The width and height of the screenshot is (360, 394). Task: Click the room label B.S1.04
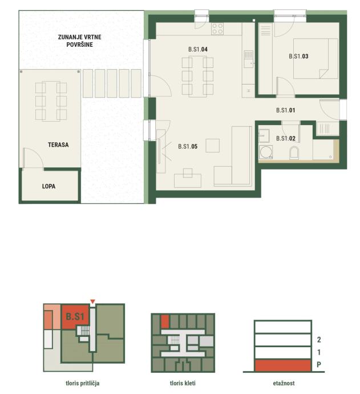(x=198, y=49)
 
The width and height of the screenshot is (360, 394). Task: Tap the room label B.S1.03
(x=298, y=56)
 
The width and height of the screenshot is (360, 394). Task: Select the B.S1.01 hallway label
(x=285, y=110)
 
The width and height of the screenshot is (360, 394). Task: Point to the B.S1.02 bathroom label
(x=286, y=138)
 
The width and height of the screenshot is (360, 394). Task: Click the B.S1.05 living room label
(x=188, y=146)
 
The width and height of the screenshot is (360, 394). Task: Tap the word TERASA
(x=58, y=144)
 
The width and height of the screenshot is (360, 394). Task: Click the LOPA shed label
(x=48, y=186)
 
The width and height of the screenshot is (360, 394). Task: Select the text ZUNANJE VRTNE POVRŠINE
(x=79, y=41)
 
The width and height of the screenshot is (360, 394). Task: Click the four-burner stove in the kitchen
(x=217, y=29)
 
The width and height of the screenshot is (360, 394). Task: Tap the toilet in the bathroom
(x=294, y=153)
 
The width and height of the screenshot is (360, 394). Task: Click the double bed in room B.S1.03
(x=315, y=58)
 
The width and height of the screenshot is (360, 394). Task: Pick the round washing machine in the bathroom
(x=266, y=152)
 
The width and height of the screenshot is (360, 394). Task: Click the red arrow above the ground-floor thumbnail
(x=92, y=301)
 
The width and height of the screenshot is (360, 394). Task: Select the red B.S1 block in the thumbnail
(x=75, y=316)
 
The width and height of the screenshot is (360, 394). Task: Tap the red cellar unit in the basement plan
(x=165, y=321)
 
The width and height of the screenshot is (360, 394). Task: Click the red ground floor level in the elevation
(x=282, y=365)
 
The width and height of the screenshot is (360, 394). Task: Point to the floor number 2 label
(x=319, y=340)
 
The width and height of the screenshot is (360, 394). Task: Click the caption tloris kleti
(x=183, y=383)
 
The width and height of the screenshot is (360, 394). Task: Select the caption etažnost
(x=284, y=383)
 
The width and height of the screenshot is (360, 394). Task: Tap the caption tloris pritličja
(x=83, y=384)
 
